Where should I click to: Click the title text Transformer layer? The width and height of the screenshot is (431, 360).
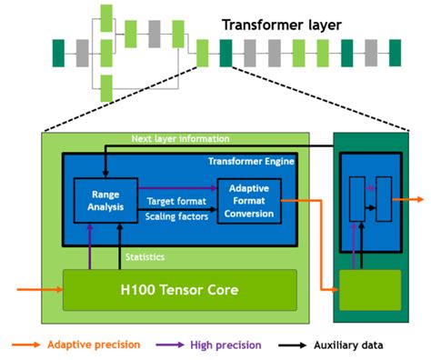(282, 25)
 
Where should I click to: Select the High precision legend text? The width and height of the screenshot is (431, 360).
(226, 345)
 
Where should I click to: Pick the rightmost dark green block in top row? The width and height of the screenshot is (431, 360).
(395, 53)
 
